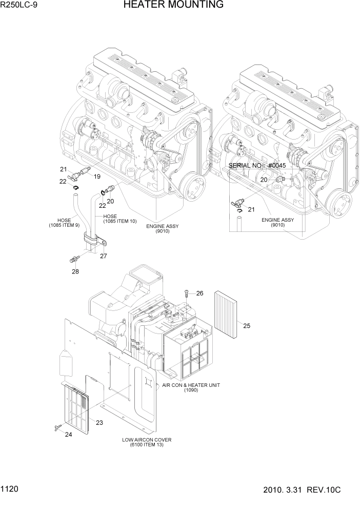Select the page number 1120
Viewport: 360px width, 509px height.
click(10, 490)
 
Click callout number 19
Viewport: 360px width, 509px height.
click(96, 175)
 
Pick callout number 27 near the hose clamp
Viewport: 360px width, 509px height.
click(104, 256)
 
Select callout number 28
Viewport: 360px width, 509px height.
click(75, 271)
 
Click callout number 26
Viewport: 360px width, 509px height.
click(199, 293)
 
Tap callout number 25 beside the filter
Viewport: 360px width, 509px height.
click(246, 325)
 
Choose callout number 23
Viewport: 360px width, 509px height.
click(99, 422)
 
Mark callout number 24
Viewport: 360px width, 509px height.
click(68, 435)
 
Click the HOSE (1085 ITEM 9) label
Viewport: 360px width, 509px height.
click(64, 223)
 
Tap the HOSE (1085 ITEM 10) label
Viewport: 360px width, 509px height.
click(119, 219)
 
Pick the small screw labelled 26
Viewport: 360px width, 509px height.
click(187, 293)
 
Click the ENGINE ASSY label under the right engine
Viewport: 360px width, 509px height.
click(277, 222)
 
